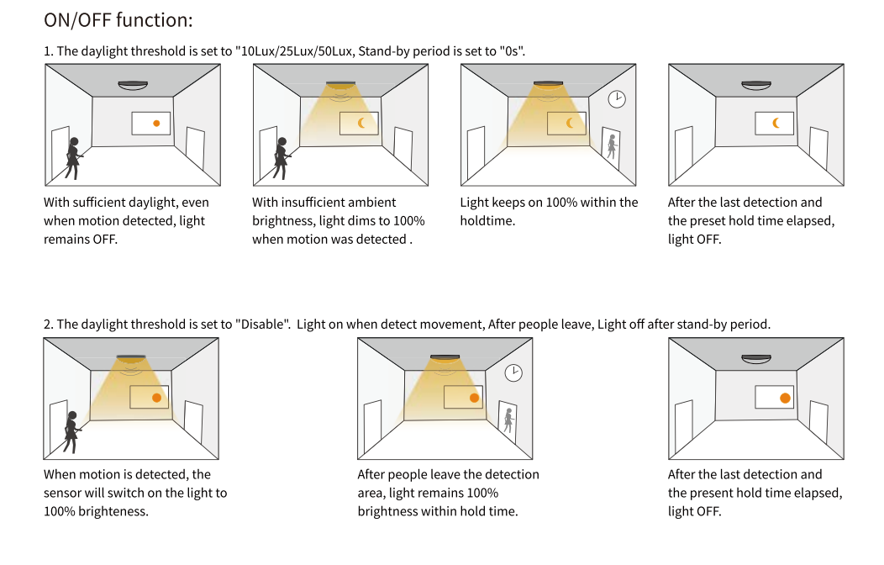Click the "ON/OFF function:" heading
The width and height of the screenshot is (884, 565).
click(x=118, y=19)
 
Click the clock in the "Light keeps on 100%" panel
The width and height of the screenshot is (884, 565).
click(x=617, y=99)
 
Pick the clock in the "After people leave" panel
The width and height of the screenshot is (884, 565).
click(x=513, y=372)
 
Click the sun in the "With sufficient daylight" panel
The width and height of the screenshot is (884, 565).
click(x=156, y=124)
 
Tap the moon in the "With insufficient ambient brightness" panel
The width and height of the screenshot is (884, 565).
click(x=362, y=124)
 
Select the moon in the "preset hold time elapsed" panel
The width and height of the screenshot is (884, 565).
click(x=776, y=123)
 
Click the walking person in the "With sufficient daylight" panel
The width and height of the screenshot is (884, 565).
click(x=73, y=157)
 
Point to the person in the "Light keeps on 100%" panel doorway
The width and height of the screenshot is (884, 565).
click(x=612, y=145)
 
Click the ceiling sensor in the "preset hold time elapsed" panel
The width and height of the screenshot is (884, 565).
click(x=756, y=84)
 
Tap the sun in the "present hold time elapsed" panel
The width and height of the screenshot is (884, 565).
click(x=785, y=397)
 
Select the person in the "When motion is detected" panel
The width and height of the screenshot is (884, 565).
click(x=71, y=430)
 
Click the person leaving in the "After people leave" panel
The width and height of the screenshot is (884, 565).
click(x=508, y=419)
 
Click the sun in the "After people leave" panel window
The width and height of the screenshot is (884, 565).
click(x=474, y=397)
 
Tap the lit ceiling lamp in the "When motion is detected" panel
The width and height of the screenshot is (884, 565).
click(x=131, y=358)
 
